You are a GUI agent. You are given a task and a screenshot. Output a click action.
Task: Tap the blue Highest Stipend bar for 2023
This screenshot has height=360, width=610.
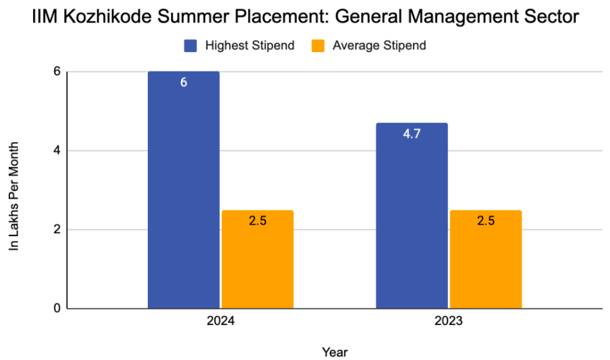pyautogui.click(x=412, y=219)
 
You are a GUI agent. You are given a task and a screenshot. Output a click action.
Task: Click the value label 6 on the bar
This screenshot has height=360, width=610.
pyautogui.click(x=183, y=82)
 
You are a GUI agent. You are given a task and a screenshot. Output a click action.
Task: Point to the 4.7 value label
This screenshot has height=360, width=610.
pyautogui.click(x=412, y=134)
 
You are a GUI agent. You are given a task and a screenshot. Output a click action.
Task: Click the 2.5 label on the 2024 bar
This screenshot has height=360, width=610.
pyautogui.click(x=257, y=221)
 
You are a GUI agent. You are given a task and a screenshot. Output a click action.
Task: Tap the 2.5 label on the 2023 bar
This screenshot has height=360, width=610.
pyautogui.click(x=485, y=221)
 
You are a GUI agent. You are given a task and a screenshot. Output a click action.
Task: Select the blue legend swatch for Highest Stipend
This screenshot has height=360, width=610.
pyautogui.click(x=190, y=46)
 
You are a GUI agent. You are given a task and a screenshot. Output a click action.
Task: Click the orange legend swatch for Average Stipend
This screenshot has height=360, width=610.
pyautogui.click(x=319, y=46)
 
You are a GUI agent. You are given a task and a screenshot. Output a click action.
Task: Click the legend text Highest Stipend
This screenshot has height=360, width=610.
pyautogui.click(x=249, y=46)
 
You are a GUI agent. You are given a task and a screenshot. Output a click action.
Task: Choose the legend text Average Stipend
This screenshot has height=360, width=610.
pyautogui.click(x=379, y=46)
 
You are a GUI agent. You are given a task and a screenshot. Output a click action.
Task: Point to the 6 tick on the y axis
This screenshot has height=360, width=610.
pyautogui.click(x=57, y=72)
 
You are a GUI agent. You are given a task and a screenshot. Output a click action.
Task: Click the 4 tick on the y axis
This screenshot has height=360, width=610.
pyautogui.click(x=57, y=151)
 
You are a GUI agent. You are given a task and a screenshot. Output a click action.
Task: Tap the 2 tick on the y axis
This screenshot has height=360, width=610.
pyautogui.click(x=57, y=230)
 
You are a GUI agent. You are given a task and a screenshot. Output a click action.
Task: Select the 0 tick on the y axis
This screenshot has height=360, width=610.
pyautogui.click(x=57, y=308)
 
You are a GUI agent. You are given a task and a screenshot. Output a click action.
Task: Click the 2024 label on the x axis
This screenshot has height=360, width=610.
pyautogui.click(x=220, y=322)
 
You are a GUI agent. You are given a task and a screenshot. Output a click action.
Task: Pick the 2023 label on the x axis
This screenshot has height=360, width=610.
pyautogui.click(x=449, y=322)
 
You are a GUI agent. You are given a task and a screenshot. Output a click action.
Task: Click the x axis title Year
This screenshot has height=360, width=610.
pyautogui.click(x=335, y=352)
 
